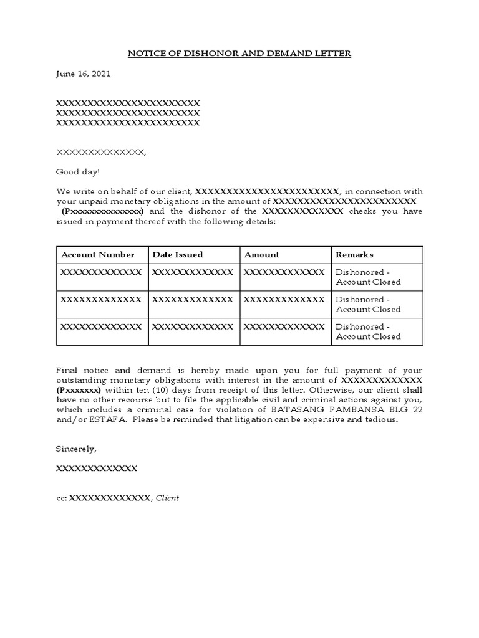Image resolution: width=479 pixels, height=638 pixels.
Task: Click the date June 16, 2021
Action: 83,74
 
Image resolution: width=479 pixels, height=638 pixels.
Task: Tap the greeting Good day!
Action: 77,171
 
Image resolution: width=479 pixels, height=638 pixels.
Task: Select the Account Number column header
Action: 97,255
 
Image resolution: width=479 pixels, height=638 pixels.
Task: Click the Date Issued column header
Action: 178,255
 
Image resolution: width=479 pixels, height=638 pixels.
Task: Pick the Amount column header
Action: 262,255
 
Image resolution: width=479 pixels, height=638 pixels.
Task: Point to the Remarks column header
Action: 354,255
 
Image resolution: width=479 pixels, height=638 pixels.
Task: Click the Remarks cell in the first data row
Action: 368,277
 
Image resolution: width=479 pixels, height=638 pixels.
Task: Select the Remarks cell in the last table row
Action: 368,331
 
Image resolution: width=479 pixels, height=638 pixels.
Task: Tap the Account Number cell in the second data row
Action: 101,300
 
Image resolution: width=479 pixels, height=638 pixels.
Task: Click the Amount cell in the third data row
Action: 284,326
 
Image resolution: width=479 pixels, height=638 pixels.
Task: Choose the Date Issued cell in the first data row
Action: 193,272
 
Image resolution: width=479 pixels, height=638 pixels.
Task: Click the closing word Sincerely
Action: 76,449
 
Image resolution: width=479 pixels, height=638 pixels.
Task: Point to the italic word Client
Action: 167,498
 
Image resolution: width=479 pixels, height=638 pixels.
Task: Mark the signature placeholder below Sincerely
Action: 97,468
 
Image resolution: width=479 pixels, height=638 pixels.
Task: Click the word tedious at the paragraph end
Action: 381,420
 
